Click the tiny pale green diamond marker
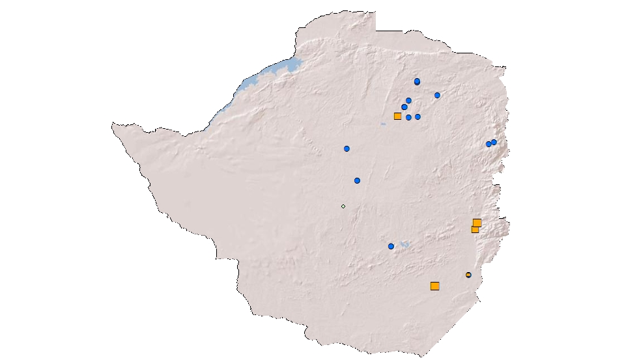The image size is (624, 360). [x=343, y=206]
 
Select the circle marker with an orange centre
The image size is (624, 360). [x=468, y=275]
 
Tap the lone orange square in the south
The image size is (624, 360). [x=434, y=286]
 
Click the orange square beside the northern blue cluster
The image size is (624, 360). [x=397, y=116]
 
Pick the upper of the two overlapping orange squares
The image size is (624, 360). [x=477, y=223]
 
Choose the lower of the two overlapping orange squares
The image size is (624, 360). [x=475, y=229]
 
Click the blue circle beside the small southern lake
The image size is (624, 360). [x=391, y=246]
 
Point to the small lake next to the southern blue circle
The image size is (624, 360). [x=404, y=244]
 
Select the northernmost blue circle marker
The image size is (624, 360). [x=417, y=81]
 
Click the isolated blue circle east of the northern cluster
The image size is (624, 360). [x=437, y=95]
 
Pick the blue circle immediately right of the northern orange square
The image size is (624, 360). [x=408, y=117]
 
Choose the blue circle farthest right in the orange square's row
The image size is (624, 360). [x=418, y=117]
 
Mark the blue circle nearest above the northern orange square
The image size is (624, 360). [x=404, y=107]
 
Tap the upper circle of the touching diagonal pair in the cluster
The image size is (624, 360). [x=408, y=100]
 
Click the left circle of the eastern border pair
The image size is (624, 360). [x=489, y=144]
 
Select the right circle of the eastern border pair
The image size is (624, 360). [x=494, y=142]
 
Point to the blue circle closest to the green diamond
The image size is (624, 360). [x=357, y=180]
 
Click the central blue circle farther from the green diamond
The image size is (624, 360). [x=347, y=148]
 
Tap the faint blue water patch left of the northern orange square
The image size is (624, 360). [x=383, y=124]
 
